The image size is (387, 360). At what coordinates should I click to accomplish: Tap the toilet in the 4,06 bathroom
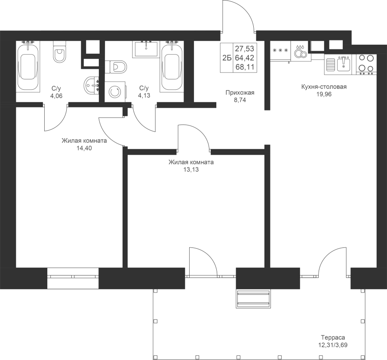point(59,52)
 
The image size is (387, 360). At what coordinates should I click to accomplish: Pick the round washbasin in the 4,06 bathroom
point(92,85)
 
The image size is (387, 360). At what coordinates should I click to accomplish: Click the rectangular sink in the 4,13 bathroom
point(146,49)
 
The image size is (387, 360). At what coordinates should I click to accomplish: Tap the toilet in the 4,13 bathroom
point(116,67)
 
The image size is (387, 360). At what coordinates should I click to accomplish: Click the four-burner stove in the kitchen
point(366,64)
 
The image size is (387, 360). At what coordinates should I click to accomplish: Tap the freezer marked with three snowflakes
point(280,51)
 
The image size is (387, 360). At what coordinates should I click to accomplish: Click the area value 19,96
point(324,94)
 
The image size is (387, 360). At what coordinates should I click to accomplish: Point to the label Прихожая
point(240,93)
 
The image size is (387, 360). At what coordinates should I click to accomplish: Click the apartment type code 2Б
point(227,58)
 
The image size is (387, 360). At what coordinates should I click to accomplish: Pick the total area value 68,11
point(245,67)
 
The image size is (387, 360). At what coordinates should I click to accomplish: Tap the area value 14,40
point(84,148)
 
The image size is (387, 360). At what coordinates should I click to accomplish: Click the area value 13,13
point(191,170)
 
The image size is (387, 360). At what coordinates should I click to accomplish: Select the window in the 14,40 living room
point(73,278)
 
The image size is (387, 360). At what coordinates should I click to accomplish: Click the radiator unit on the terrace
point(253,299)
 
